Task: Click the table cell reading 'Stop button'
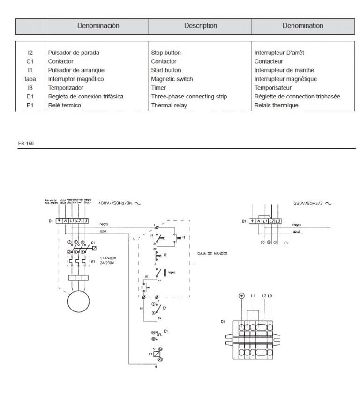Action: (165, 53)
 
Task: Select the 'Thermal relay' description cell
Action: (169, 106)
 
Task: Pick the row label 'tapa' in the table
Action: (30, 79)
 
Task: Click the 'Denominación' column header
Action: (98, 26)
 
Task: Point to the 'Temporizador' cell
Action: (65, 88)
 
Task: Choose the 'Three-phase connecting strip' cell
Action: (189, 97)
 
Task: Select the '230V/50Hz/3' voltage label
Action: (309, 204)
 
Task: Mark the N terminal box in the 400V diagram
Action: (65, 220)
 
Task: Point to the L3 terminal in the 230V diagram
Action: (278, 220)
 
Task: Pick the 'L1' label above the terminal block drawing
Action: (253, 296)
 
